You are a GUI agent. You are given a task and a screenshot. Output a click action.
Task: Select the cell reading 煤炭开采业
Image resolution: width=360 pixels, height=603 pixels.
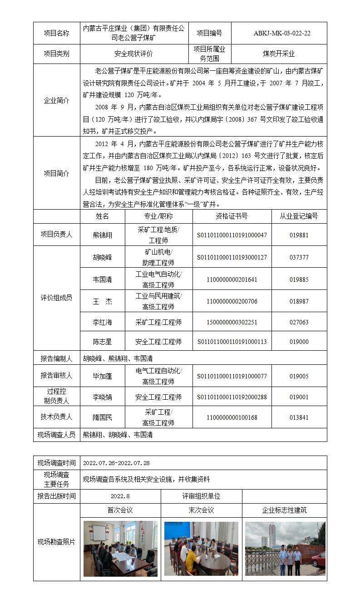[x=279, y=54]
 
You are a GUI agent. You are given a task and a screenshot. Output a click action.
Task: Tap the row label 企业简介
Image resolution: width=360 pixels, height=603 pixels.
[x=56, y=100]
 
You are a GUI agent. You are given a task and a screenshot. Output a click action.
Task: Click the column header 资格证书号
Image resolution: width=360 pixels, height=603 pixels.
[x=232, y=216]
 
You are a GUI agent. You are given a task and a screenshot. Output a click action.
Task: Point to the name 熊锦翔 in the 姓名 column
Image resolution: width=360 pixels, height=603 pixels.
[x=102, y=235]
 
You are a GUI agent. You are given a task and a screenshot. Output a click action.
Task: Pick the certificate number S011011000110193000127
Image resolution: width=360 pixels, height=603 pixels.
[x=232, y=257]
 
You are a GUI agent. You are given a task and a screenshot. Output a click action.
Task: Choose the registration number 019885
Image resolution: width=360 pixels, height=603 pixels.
[x=299, y=279]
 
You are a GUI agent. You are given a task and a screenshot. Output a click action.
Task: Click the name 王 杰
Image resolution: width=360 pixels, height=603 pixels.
[x=102, y=301]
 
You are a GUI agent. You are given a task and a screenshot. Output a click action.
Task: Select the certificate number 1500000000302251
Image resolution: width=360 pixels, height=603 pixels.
[x=232, y=322]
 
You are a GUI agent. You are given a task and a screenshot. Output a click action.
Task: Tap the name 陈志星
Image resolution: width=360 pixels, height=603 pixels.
[x=102, y=342]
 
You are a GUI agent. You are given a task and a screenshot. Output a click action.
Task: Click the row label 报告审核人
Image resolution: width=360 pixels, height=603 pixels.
[x=56, y=376]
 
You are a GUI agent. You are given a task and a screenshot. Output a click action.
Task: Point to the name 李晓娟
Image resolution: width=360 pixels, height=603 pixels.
[x=102, y=397]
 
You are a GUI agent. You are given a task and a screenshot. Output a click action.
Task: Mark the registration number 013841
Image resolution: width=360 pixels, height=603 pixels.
[x=299, y=417]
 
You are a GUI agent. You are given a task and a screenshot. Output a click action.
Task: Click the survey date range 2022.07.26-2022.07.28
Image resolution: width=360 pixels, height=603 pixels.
[x=116, y=463]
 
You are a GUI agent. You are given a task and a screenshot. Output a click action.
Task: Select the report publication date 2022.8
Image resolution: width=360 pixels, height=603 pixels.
[x=120, y=496]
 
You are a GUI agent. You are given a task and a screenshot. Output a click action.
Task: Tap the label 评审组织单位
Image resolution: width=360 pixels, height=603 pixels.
[x=201, y=496]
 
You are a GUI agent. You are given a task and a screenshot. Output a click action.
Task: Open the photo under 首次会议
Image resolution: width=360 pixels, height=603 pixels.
[x=120, y=549]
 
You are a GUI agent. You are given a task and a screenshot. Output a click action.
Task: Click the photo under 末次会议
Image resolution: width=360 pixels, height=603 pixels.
[x=201, y=549]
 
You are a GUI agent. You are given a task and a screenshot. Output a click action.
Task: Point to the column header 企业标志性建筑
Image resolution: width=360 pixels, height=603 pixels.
[x=284, y=510]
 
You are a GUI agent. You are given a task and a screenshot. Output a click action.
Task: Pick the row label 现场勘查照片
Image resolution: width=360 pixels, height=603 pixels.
[x=56, y=542]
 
